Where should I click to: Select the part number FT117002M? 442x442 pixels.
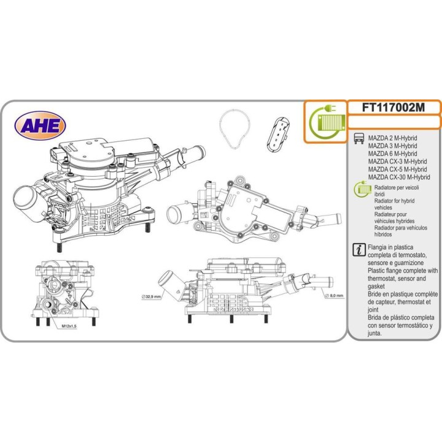[394, 107]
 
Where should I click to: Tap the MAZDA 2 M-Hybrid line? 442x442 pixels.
[392, 139]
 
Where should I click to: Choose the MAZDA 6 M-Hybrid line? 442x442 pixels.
[392, 154]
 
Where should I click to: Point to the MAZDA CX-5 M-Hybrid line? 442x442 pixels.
[397, 169]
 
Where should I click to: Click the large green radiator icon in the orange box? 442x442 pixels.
[325, 121]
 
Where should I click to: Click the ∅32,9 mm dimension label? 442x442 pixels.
[150, 297]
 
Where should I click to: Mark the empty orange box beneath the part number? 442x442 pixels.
[394, 122]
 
